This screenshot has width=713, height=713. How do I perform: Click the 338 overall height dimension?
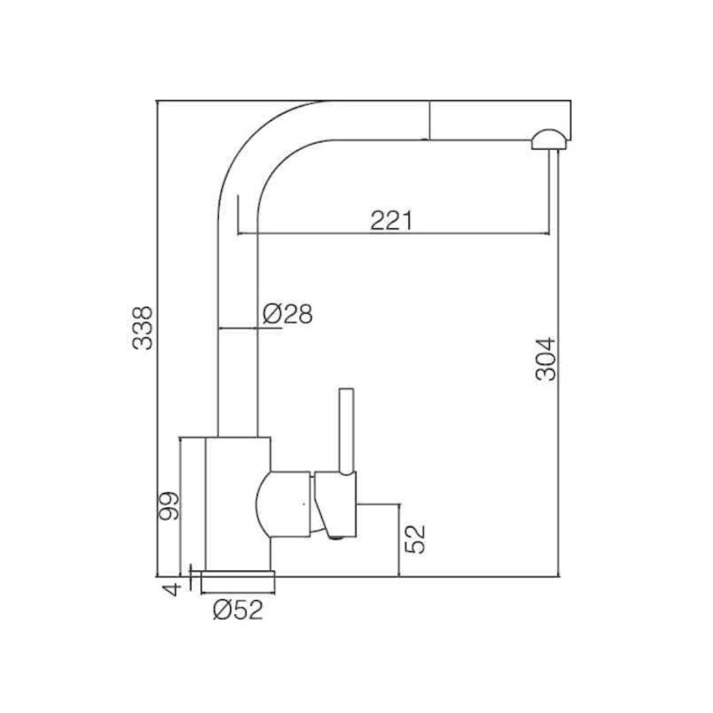click(x=143, y=328)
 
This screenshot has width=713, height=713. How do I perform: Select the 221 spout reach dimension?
click(x=391, y=221)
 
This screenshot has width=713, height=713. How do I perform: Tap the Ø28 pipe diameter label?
click(x=288, y=314)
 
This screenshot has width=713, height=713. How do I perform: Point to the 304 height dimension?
click(x=546, y=358)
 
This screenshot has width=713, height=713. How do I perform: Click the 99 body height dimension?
click(x=169, y=506)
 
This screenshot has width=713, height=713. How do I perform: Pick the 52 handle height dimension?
click(x=415, y=539)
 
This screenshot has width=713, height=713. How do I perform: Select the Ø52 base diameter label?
click(x=238, y=610)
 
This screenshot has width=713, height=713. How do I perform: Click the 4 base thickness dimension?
click(x=172, y=590)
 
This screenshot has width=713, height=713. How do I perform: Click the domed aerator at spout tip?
click(x=549, y=139)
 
